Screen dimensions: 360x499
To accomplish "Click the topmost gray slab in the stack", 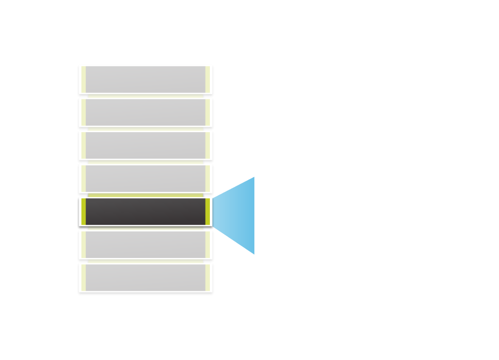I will pyautogui.click(x=145, y=79).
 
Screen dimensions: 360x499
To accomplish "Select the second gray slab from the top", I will pyautogui.click(x=145, y=112).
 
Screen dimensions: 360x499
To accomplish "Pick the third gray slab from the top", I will pyautogui.click(x=145, y=145).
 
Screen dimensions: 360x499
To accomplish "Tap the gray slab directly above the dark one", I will pyautogui.click(x=145, y=178).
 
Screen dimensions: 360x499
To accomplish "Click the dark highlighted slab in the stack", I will pyautogui.click(x=145, y=211).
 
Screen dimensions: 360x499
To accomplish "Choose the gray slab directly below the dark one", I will pyautogui.click(x=145, y=244).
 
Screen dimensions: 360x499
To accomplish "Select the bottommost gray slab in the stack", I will pyautogui.click(x=145, y=277).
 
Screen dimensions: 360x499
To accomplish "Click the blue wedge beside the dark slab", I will pyautogui.click(x=238, y=215).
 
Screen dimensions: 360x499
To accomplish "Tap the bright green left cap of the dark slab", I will pyautogui.click(x=84, y=211).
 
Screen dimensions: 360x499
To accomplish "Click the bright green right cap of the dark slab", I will pyautogui.click(x=208, y=211).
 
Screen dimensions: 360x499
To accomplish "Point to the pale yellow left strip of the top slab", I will pyautogui.click(x=83, y=79).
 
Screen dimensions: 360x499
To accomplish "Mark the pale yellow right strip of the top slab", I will pyautogui.click(x=208, y=79).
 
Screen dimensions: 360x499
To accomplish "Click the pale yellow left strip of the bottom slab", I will pyautogui.click(x=83, y=277).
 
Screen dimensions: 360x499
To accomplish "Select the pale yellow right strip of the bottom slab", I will pyautogui.click(x=208, y=277).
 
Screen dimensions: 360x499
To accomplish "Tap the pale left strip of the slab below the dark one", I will pyautogui.click(x=83, y=244).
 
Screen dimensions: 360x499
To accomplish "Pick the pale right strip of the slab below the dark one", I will pyautogui.click(x=208, y=244).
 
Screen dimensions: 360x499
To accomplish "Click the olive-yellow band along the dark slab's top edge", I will pyautogui.click(x=145, y=196).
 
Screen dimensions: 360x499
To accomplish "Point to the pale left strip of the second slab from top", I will pyautogui.click(x=83, y=112).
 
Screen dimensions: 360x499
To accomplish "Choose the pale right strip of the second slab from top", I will pyautogui.click(x=208, y=112).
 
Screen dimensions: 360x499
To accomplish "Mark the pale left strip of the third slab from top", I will pyautogui.click(x=83, y=145).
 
